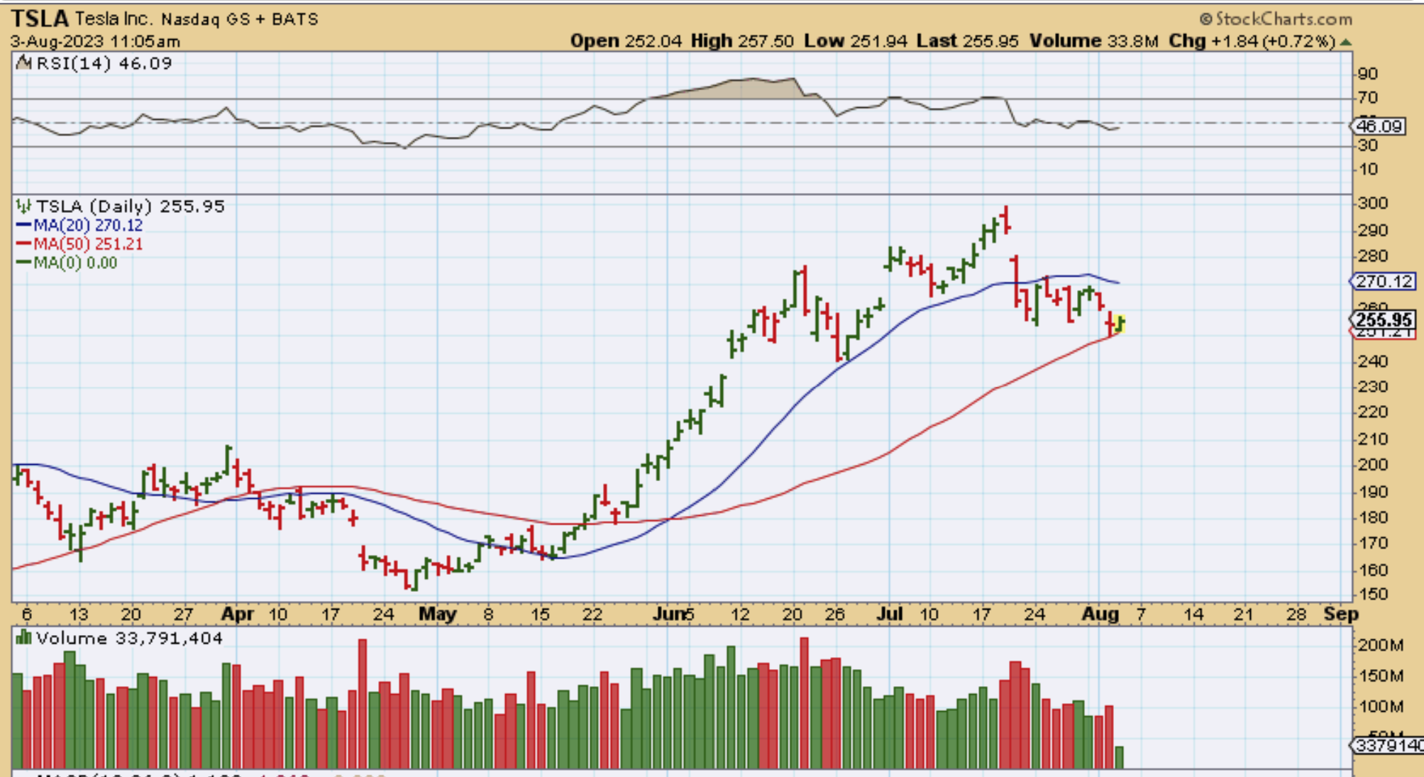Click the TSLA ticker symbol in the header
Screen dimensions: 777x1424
(x=40, y=18)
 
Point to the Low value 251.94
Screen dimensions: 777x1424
(x=879, y=41)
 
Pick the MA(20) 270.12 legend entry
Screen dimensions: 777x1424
(x=79, y=226)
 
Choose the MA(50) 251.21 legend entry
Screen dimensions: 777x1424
(x=79, y=244)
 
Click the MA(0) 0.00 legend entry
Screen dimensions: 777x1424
(x=67, y=263)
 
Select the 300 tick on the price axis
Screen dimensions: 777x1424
(x=1372, y=204)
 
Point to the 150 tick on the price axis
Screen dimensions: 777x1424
(x=1372, y=594)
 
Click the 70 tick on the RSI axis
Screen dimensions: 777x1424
(x=1367, y=98)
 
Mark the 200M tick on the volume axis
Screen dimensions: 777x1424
(x=1380, y=645)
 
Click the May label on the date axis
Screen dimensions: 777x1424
(x=437, y=614)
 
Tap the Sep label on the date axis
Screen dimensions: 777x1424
(x=1340, y=614)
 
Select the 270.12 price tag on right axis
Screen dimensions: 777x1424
(x=1384, y=282)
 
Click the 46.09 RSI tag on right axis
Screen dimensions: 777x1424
(x=1379, y=126)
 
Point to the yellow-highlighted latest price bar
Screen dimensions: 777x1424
(x=1120, y=323)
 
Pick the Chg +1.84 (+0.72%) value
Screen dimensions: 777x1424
(x=1252, y=41)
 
